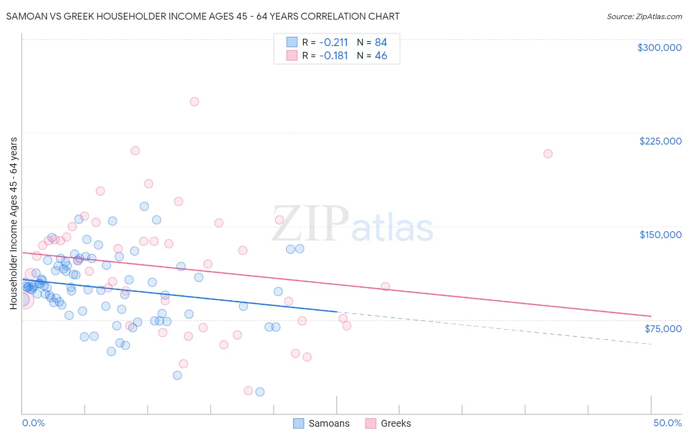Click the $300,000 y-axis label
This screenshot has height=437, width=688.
659,48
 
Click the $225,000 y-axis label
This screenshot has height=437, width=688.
660,141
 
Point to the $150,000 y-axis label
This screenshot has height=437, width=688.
660,235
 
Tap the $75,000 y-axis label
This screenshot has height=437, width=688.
663,329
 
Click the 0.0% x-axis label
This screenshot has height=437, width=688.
33,423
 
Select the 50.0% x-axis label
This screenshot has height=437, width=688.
667,423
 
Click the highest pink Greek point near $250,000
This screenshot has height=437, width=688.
194,102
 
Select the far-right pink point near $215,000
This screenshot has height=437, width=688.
548,154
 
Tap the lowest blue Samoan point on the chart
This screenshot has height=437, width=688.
260,392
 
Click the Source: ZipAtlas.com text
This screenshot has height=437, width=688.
644,17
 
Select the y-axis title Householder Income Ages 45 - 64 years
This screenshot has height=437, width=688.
13,223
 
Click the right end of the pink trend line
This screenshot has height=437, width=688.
651,316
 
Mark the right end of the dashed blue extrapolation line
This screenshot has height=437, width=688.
651,344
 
